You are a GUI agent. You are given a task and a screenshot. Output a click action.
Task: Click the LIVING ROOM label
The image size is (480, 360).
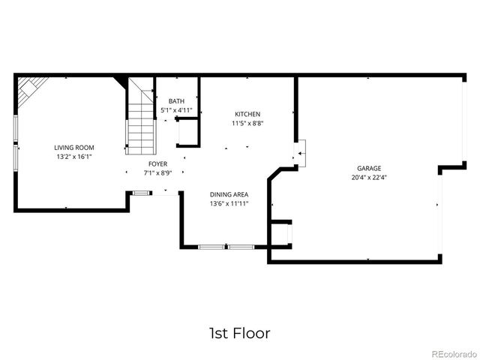tap(73, 148)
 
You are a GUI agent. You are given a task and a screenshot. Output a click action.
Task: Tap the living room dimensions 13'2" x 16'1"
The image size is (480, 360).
tap(73, 157)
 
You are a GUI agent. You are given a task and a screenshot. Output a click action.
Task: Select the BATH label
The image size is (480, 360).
tap(176, 101)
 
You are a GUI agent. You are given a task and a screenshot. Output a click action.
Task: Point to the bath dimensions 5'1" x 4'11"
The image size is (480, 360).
tap(176, 111)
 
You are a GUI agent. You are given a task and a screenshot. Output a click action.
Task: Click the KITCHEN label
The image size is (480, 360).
tap(247, 114)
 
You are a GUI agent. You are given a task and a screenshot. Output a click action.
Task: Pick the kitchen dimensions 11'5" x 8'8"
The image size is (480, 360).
tap(247, 123)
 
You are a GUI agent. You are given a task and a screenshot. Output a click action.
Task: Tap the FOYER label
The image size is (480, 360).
tap(157, 163)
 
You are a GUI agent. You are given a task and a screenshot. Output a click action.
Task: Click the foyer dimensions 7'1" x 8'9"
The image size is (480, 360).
tap(157, 173)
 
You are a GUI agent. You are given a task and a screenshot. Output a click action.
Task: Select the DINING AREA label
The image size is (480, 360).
tap(229, 193)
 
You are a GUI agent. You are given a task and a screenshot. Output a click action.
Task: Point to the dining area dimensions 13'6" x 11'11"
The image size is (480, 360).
tap(229, 203)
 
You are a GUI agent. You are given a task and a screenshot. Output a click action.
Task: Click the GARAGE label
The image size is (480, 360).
tap(368, 169)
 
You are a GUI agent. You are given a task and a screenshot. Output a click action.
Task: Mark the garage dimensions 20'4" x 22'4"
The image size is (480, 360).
tap(368, 178)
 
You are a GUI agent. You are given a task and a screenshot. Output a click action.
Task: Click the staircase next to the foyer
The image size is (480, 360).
tap(139, 112)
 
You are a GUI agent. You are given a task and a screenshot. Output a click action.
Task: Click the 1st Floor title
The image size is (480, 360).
tap(239, 332)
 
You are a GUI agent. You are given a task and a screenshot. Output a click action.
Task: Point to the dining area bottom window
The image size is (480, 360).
tap(226, 246)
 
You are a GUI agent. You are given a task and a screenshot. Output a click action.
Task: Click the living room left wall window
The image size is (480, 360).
tap(15, 142)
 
